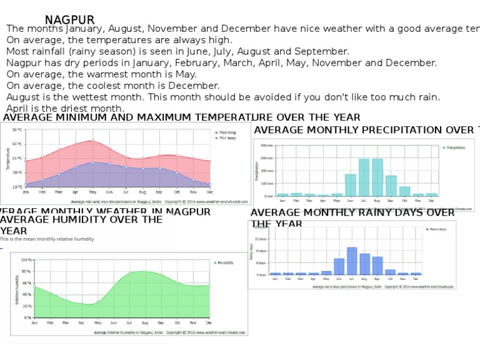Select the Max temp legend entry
(227, 132)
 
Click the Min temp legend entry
(227, 138)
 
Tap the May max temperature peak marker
(92, 141)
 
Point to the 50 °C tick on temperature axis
(17, 131)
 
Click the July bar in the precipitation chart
(364, 177)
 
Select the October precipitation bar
(404, 191)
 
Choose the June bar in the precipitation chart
(351, 185)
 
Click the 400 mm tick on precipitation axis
(267, 145)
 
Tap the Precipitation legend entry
(456, 148)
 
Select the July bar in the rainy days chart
(352, 261)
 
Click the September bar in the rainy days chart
(377, 266)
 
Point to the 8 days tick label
(261, 263)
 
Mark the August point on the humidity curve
(145, 271)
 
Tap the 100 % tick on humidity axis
(26, 260)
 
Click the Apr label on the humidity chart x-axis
(82, 323)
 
